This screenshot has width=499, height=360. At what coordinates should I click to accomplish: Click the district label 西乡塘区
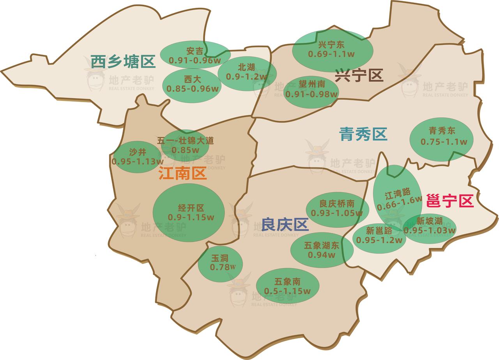(x=123, y=62)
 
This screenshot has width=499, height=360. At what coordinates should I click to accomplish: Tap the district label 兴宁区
(x=359, y=75)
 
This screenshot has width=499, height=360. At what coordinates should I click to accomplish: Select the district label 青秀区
(x=363, y=134)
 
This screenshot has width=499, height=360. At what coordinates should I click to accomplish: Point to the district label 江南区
(x=182, y=174)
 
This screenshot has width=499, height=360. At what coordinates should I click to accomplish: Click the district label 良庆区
(x=285, y=224)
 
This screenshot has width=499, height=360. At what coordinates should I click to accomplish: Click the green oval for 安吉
(x=195, y=55)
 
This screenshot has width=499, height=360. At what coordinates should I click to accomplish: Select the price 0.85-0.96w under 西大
(x=193, y=88)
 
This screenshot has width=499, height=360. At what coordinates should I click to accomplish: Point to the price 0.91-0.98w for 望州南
(x=311, y=94)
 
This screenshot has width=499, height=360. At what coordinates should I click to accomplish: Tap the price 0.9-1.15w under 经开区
(x=191, y=217)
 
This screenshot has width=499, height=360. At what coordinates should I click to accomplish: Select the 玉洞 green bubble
(x=220, y=264)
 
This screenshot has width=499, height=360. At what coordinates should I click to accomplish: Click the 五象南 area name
(x=287, y=281)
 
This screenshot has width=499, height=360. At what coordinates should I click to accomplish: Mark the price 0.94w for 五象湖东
(x=322, y=255)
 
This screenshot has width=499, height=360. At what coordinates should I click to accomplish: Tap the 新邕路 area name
(x=379, y=230)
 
